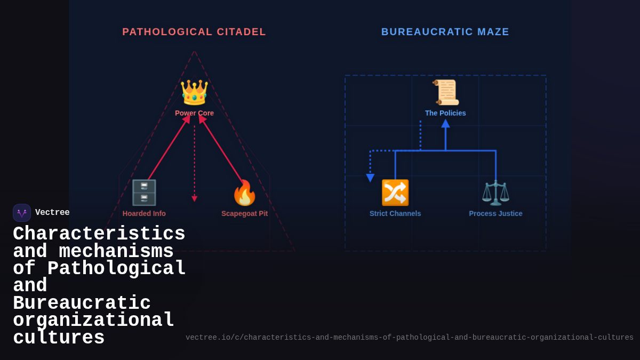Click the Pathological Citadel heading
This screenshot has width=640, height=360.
194,32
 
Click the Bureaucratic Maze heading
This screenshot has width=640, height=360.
445,32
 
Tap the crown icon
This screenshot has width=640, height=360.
194,92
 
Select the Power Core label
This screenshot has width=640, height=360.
194,113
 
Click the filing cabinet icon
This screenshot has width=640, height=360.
144,193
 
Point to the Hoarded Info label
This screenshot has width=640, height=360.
144,213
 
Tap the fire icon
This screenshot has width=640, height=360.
245,193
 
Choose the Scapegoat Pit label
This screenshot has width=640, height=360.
245,213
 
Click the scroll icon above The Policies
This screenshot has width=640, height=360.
445,92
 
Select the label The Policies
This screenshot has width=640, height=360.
445,113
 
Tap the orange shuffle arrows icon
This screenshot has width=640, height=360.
395,193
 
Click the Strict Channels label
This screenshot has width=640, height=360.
395,213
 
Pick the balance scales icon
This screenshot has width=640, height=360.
495,193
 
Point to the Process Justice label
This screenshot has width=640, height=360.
495,213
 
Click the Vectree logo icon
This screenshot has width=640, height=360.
22,213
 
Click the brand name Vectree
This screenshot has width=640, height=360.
52,213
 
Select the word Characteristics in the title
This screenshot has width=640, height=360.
99,234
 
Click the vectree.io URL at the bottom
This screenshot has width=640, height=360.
409,338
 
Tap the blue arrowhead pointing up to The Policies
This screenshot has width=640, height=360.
445,124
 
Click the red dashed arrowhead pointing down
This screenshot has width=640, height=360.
195,198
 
